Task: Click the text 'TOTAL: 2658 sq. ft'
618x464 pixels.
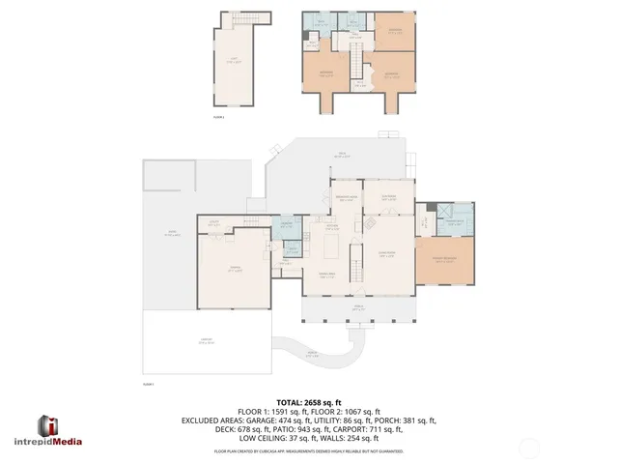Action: click(308, 401)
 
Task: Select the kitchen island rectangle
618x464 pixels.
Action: click(331, 248)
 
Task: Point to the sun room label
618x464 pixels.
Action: click(388, 199)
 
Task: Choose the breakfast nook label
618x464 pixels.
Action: click(346, 199)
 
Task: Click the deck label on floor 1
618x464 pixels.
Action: click(342, 154)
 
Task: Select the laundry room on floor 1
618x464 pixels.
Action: click(287, 227)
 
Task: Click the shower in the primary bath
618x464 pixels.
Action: click(445, 214)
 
